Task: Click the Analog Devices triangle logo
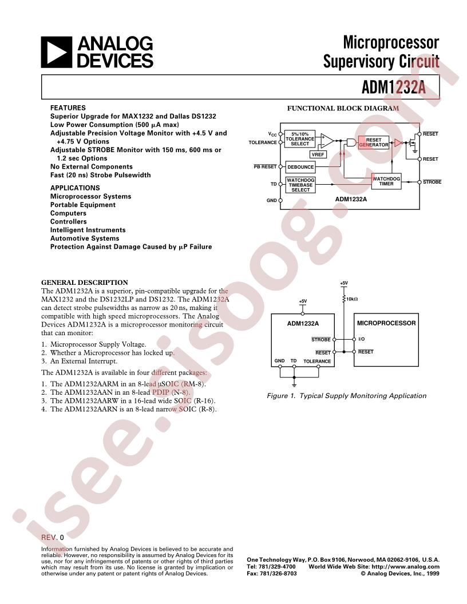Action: tap(56, 52)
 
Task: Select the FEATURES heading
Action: tap(68, 108)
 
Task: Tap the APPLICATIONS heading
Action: tap(75, 188)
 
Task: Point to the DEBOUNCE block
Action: tap(300, 167)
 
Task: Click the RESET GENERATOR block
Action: tap(374, 142)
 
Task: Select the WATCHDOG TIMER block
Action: tap(386, 181)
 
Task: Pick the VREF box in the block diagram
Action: tap(318, 154)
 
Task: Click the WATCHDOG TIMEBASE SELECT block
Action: tap(300, 185)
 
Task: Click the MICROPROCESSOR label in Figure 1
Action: tap(386, 323)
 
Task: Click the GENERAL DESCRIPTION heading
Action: tap(85, 282)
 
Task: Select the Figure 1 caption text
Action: tap(346, 395)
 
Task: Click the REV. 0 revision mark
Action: tap(53, 538)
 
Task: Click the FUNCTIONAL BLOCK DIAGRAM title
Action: tap(342, 108)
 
